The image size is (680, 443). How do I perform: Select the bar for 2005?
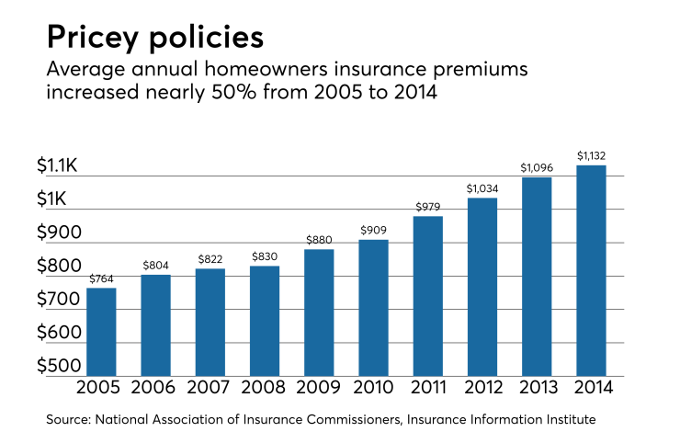[x=101, y=332]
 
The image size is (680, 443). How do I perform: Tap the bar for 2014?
[x=591, y=270]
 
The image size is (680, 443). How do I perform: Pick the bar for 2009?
[x=319, y=312]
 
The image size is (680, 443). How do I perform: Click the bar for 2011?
[x=427, y=296]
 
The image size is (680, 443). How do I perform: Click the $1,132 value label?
[x=591, y=156]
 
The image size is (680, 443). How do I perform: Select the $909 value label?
[x=373, y=231]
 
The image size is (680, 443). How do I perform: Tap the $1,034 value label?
[x=482, y=188]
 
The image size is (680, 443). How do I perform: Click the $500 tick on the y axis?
[x=59, y=366]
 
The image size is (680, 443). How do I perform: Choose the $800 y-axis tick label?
[x=59, y=266]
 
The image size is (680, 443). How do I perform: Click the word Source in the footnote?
[x=68, y=420]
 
